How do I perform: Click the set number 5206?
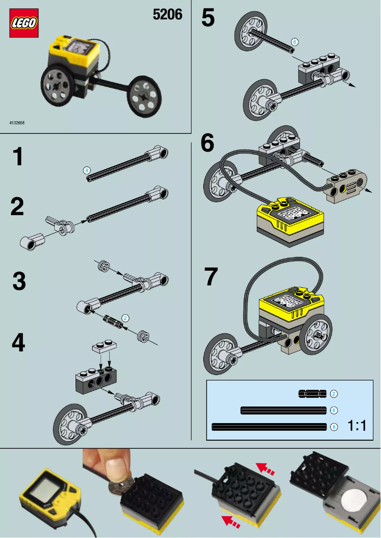point(167,15)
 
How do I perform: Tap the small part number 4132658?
point(17,123)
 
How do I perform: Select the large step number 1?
point(18,157)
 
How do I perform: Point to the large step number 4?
point(18,343)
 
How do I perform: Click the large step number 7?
point(210,277)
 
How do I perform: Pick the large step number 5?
point(208,19)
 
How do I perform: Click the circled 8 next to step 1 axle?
point(86,170)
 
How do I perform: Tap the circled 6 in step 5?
point(294,42)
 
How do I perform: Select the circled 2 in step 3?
point(125,318)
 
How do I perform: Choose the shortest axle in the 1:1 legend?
point(312,394)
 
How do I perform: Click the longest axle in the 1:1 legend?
point(269,426)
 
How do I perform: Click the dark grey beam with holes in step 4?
point(95,377)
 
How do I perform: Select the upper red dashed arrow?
point(266,470)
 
